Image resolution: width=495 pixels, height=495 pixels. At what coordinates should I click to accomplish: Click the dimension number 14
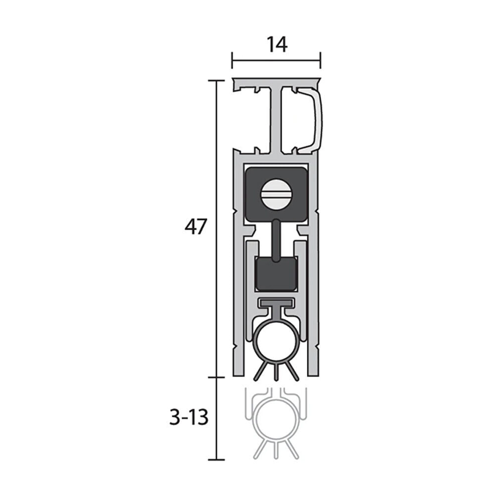pyautogui.click(x=277, y=45)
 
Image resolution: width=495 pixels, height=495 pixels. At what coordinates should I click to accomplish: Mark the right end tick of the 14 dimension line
pyautogui.click(x=320, y=61)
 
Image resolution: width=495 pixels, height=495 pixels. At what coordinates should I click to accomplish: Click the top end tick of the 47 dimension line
pyautogui.click(x=216, y=80)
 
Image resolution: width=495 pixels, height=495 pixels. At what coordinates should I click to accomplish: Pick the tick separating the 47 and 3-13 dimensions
pyautogui.click(x=216, y=377)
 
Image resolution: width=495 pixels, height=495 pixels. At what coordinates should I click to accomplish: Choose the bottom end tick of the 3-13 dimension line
pyautogui.click(x=216, y=460)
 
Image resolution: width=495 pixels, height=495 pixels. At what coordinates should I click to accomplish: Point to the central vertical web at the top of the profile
pyautogui.click(x=276, y=119)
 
